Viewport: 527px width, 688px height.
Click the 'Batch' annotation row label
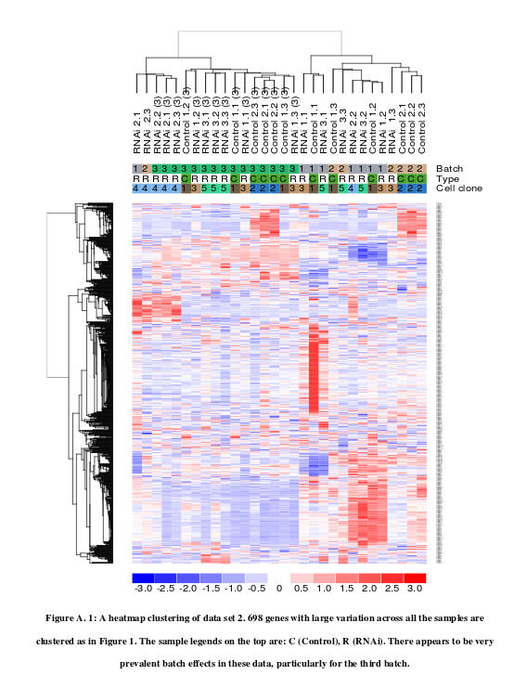[451, 168]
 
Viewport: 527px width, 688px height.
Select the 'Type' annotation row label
[449, 178]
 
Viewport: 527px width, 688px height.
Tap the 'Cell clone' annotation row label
[459, 188]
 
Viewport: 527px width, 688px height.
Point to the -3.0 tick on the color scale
[143, 590]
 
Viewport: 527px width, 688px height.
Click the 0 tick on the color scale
[279, 590]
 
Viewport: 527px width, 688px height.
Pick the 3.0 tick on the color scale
[415, 590]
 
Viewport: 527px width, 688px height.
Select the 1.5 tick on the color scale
[347, 590]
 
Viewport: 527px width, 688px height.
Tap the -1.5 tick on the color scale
[211, 590]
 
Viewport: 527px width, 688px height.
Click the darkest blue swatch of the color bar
[143, 578]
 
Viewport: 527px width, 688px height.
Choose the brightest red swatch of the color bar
[415, 578]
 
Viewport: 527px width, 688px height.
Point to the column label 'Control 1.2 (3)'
[186, 121]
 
